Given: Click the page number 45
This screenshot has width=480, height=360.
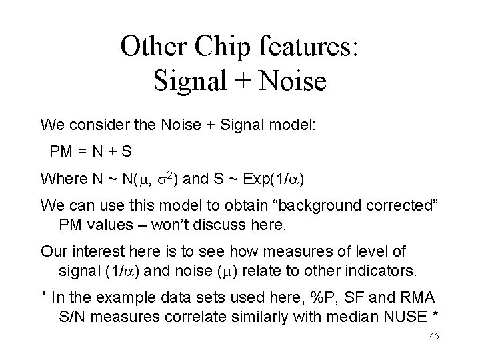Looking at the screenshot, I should tap(435, 336).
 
